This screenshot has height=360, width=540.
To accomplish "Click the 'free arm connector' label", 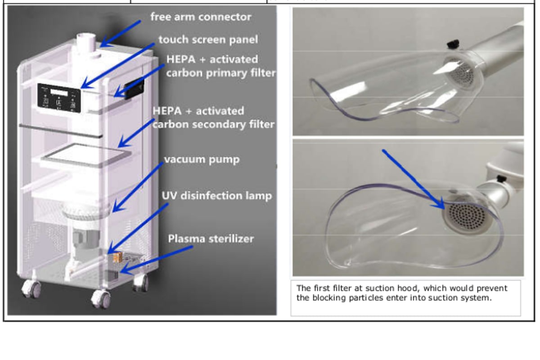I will click(201, 17).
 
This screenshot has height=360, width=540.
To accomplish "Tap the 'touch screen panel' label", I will click(208, 40).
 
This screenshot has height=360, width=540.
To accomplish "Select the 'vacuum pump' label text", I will click(202, 159).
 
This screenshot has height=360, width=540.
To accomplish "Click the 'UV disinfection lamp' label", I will click(216, 196).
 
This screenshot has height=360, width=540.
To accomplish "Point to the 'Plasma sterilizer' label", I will click(211, 238).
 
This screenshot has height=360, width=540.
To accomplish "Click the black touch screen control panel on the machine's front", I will click(59, 98).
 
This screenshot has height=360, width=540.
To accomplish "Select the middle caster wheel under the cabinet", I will click(101, 299).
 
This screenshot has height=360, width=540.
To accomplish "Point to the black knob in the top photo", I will click(453, 44).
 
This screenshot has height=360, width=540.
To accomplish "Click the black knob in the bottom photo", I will click(499, 179).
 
